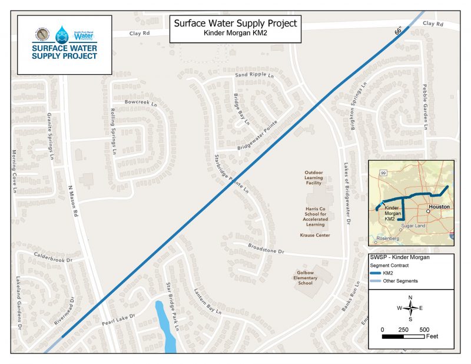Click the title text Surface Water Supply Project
(235, 24)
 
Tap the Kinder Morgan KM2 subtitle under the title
(235, 34)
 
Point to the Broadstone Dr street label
(266, 249)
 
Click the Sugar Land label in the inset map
(412, 226)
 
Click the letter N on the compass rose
(410, 297)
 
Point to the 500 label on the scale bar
(423, 329)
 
